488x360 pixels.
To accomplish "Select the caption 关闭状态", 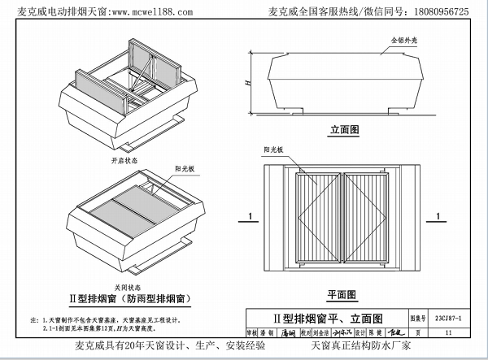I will tap(127, 287).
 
